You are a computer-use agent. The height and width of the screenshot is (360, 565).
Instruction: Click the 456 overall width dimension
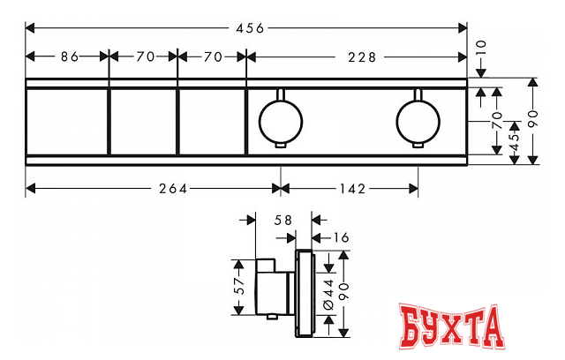click(x=250, y=28)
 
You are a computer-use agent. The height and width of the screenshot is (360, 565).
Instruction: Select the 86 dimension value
click(x=70, y=56)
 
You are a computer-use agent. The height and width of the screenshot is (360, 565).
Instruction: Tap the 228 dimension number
click(x=362, y=57)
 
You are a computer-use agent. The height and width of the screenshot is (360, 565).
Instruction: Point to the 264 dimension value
click(x=173, y=189)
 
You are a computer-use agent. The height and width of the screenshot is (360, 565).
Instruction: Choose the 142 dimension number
click(x=352, y=189)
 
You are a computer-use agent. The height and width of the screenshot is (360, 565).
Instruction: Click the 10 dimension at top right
click(x=481, y=47)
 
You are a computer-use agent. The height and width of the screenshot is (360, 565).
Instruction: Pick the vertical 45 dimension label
click(x=516, y=142)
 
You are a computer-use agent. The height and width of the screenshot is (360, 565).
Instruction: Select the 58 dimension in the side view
click(x=282, y=220)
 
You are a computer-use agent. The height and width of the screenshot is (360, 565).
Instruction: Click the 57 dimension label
click(x=239, y=286)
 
